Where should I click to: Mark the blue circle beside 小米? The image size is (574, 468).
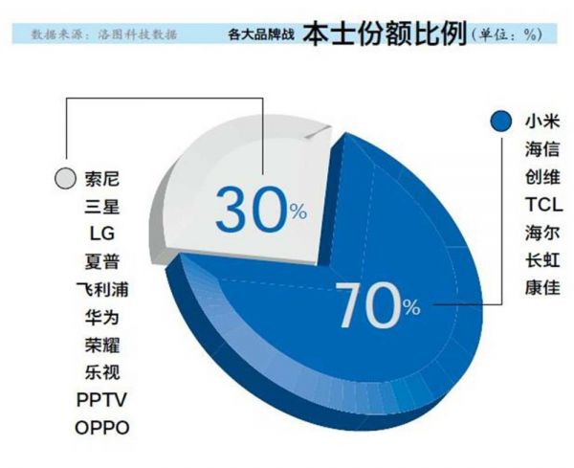(497, 123)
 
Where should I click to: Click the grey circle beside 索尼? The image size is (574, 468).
(65, 178)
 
